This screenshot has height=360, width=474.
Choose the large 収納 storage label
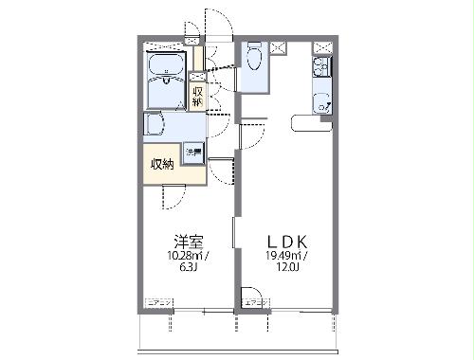(161, 163)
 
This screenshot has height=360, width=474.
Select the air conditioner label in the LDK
(255, 301)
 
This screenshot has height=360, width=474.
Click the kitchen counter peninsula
(311, 120)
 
